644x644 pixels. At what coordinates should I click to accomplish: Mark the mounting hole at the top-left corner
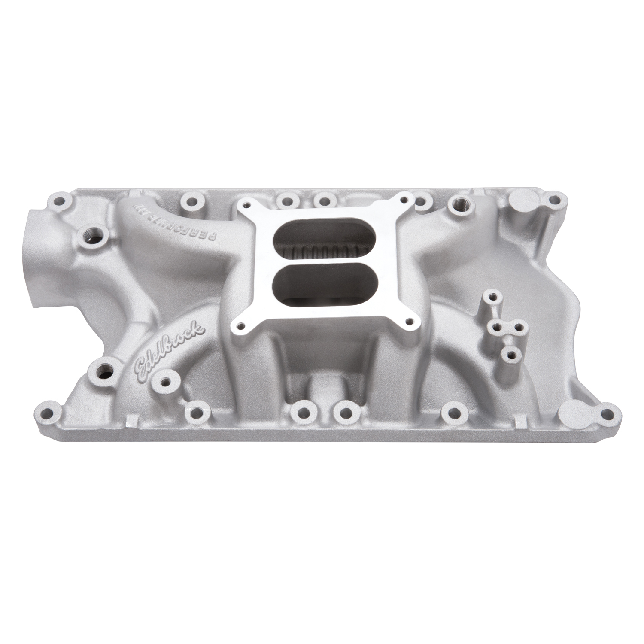pyautogui.click(x=64, y=200)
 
